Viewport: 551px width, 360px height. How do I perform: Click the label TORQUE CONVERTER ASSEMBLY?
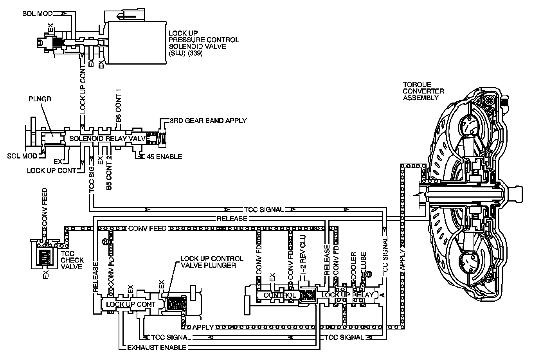423,91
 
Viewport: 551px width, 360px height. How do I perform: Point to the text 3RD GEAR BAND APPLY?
208,121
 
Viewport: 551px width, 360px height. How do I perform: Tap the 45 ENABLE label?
164,157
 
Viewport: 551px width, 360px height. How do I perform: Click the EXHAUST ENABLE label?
157,347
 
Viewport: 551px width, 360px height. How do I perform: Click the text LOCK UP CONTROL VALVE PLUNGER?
212,262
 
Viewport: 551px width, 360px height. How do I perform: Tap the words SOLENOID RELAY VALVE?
110,139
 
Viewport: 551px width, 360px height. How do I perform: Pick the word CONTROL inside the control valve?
279,295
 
